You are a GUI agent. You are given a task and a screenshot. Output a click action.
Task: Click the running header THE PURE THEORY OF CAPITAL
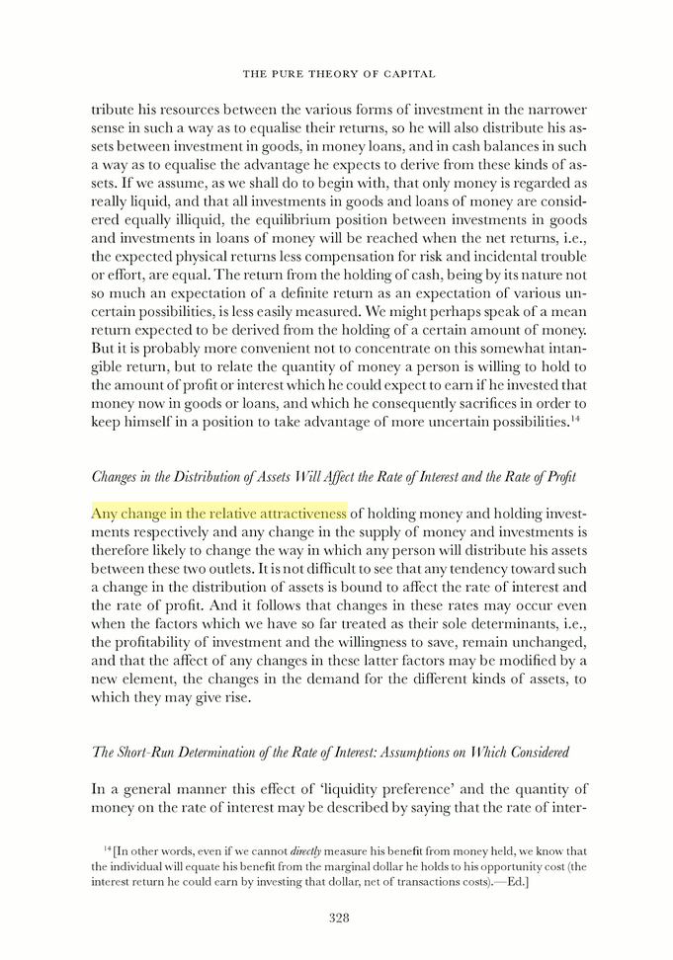339,74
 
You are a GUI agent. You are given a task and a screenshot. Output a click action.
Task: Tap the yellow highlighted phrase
219,513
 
